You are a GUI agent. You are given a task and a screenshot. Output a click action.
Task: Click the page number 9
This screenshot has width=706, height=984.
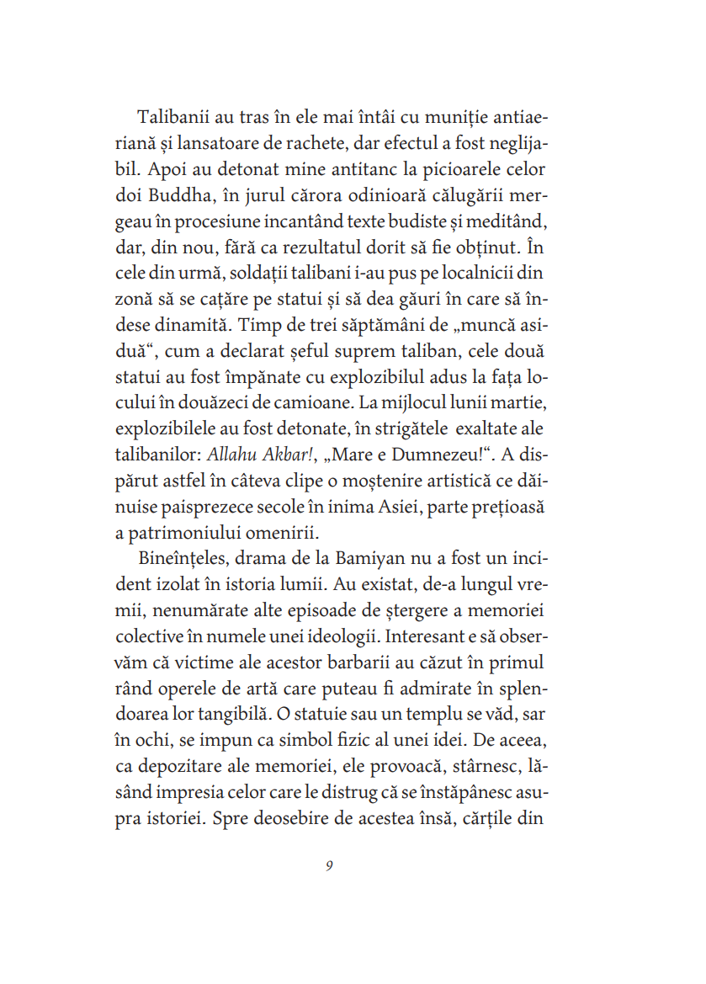pyautogui.click(x=329, y=866)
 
